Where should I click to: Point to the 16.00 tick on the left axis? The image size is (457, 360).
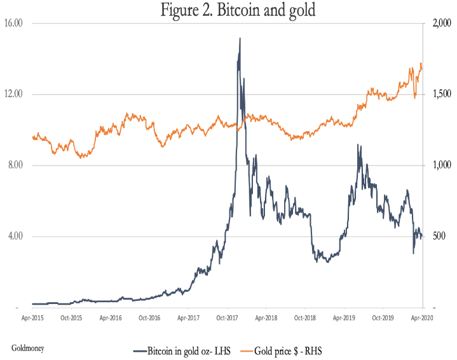[x=13, y=23]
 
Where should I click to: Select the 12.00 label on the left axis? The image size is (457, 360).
[x=13, y=94]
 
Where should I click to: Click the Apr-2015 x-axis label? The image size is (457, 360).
[x=32, y=317]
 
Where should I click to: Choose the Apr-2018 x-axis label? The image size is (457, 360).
[x=266, y=317]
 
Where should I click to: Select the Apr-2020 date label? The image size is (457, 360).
[x=422, y=317]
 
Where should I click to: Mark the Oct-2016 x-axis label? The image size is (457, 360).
[x=149, y=317]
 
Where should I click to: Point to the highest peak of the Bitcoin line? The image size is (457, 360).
[x=240, y=38]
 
